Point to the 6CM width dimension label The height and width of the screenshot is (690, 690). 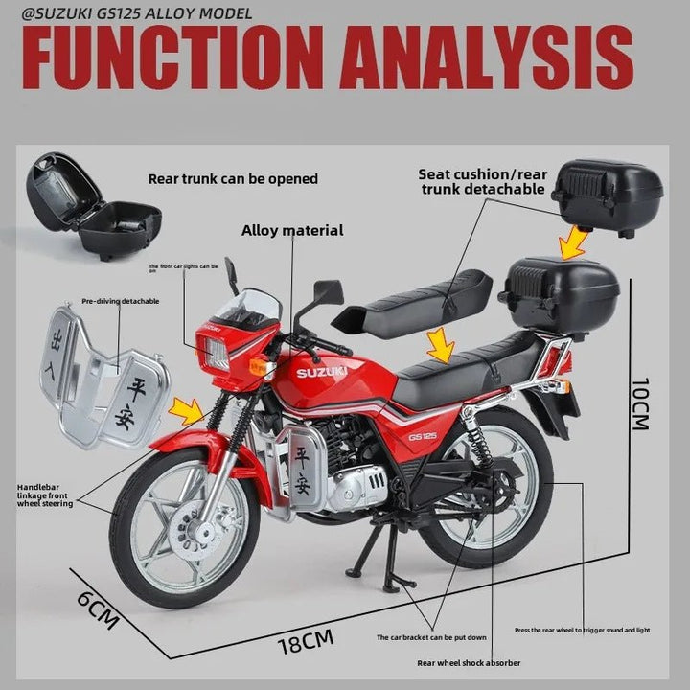pos(97,609)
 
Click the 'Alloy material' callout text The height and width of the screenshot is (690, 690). pos(292,230)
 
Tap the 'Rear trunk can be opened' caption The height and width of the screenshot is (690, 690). pos(233,178)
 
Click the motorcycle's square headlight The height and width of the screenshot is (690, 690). pos(212,355)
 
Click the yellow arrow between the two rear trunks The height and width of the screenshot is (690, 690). pos(575,241)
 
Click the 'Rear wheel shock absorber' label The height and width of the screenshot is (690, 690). pos(469,662)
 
